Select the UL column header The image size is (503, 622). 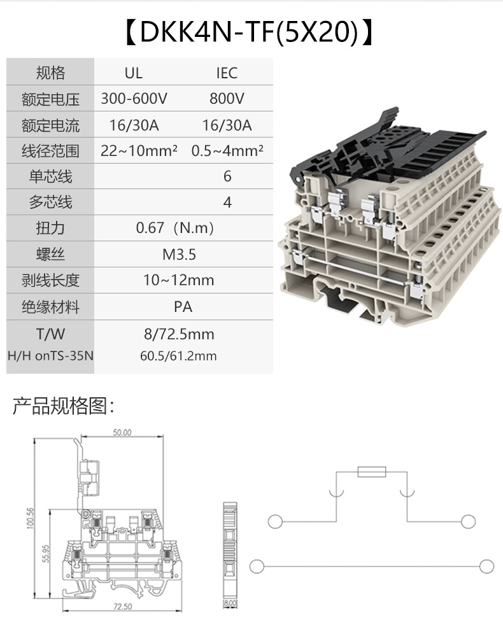pos(134,73)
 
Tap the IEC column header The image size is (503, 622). pos(227,73)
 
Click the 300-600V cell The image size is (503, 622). pos(134,99)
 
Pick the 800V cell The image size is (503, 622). pos(227,99)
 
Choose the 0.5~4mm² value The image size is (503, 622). pos(227,151)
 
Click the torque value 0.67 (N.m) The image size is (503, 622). pos(175,228)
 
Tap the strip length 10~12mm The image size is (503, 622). pos(179,280)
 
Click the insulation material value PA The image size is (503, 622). pos(183,307)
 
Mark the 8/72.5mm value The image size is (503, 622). pos(179,334)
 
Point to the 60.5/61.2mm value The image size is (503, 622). pos(178,356)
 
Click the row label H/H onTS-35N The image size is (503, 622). pos(50,356)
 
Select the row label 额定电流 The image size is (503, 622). pos(50,125)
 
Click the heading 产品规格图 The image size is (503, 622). pos(63,406)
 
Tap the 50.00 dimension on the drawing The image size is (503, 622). pos(122,432)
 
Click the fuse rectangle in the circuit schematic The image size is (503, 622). pos(371,472)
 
